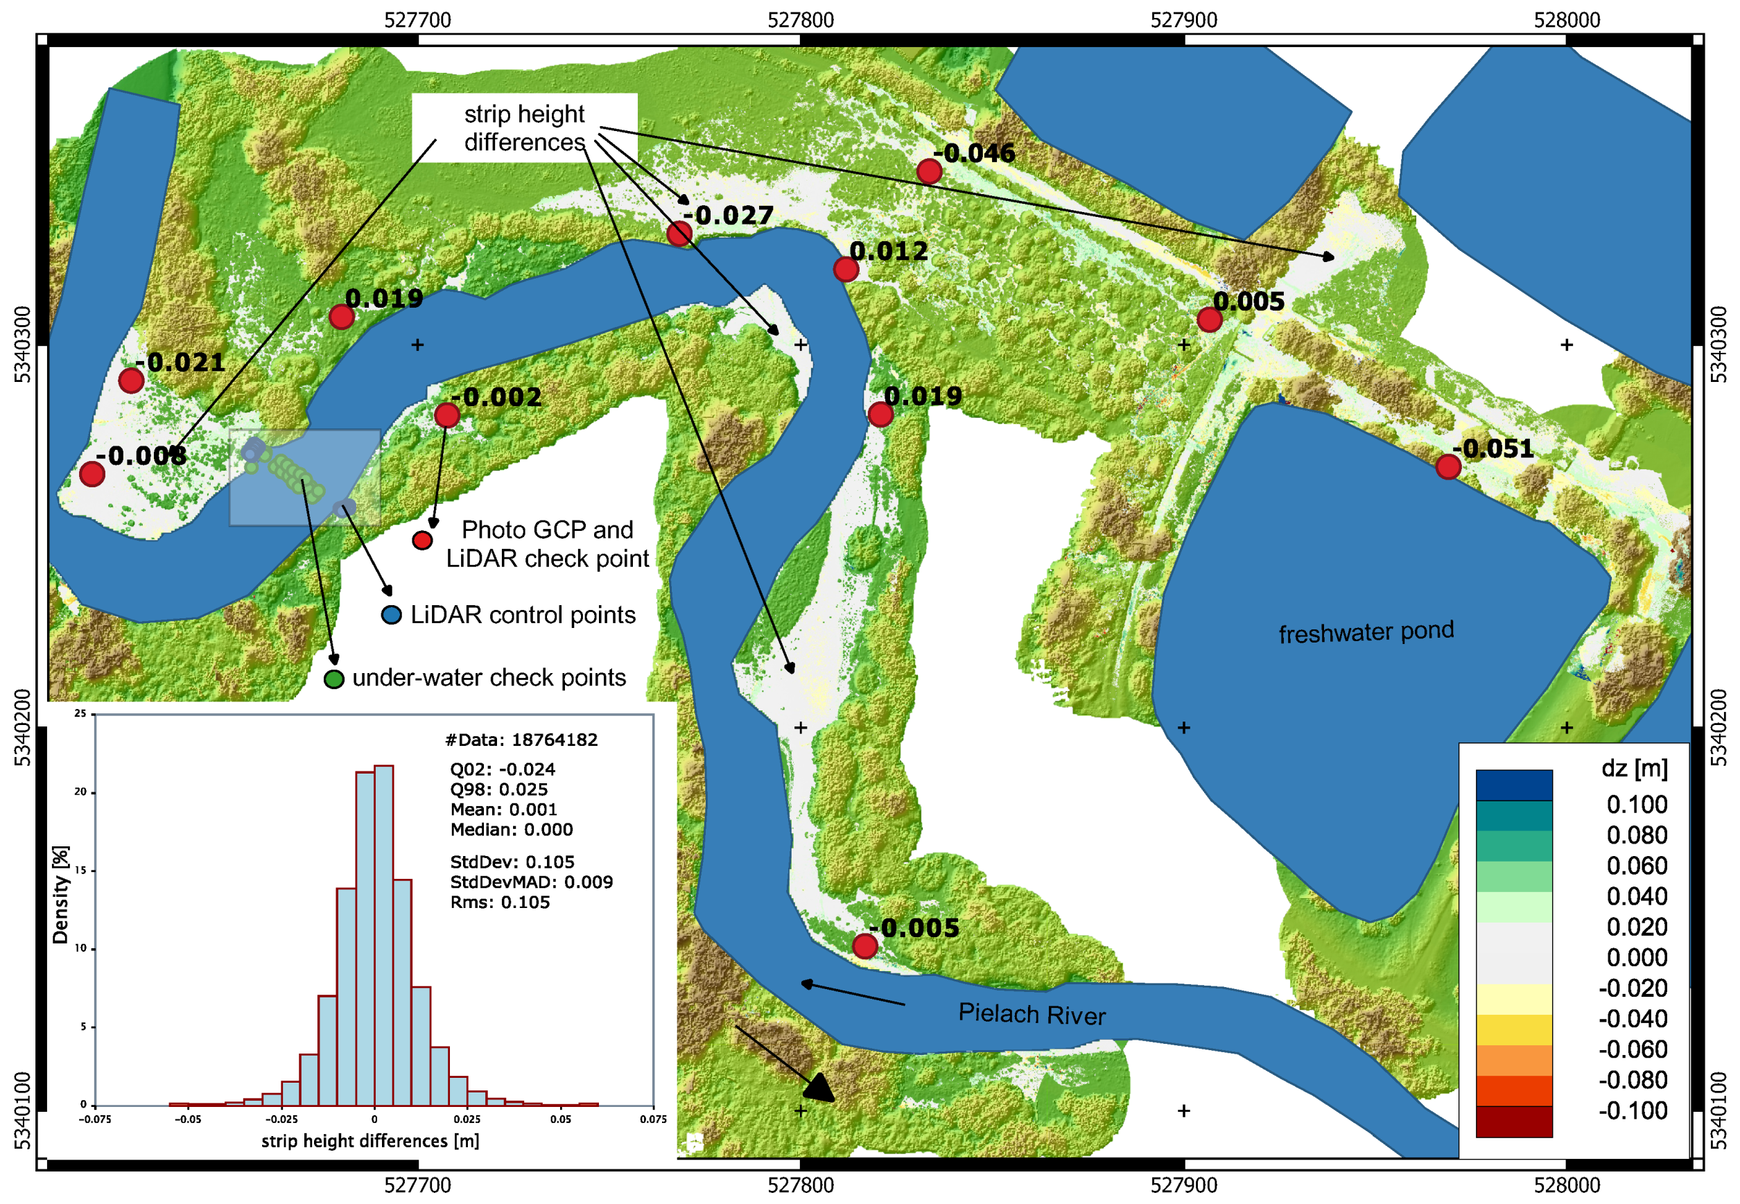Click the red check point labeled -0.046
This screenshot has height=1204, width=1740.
point(929,171)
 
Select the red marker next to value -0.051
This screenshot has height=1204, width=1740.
point(1447,467)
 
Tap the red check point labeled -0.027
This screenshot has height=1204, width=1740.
point(679,234)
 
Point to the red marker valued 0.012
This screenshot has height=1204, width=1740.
point(846,270)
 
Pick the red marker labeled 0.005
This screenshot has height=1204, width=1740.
point(1209,319)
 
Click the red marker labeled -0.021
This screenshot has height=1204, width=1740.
point(131,381)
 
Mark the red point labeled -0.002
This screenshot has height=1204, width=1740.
point(446,415)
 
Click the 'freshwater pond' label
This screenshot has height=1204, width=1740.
point(1366,632)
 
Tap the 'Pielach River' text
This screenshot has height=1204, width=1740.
point(1032,1014)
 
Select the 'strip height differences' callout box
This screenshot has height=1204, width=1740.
point(524,128)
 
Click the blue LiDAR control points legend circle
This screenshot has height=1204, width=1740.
point(391,615)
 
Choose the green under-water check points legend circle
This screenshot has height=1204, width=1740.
point(333,679)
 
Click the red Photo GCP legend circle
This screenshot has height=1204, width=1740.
point(421,540)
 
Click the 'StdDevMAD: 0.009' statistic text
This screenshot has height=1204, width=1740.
point(531,882)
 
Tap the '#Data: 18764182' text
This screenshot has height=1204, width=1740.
point(521,740)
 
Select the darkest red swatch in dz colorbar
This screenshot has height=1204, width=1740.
point(1513,1121)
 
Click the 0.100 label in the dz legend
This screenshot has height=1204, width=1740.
point(1637,804)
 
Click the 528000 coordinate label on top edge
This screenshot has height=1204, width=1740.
point(1567,19)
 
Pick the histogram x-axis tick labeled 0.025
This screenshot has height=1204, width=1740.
point(467,1119)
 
